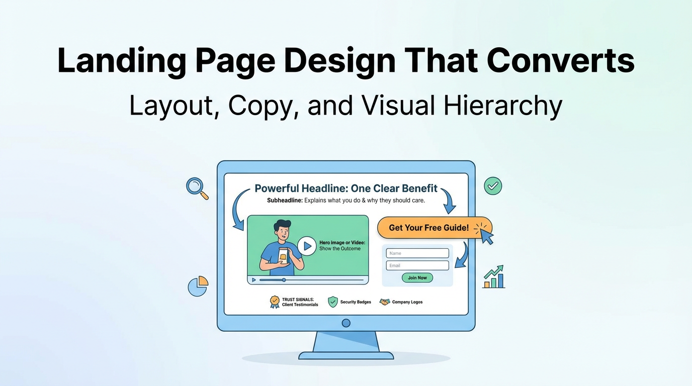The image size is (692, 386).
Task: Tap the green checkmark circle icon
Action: point(493,186)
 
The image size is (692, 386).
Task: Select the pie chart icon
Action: point(198,286)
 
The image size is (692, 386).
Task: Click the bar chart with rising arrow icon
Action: point(494,277)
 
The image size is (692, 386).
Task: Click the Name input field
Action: point(417,253)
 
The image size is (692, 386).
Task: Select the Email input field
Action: point(417,265)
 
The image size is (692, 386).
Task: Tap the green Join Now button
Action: point(417,278)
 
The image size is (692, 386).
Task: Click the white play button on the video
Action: point(307,246)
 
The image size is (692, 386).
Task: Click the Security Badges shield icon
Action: point(332,302)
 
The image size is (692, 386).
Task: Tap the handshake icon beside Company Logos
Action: point(385,302)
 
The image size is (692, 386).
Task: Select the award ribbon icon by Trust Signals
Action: point(275,302)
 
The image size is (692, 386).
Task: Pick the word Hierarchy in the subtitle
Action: point(502,106)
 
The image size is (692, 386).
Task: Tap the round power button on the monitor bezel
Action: point(346,323)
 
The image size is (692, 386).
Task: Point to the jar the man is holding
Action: point(283,256)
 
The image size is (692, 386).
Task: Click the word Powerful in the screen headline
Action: point(276,188)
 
